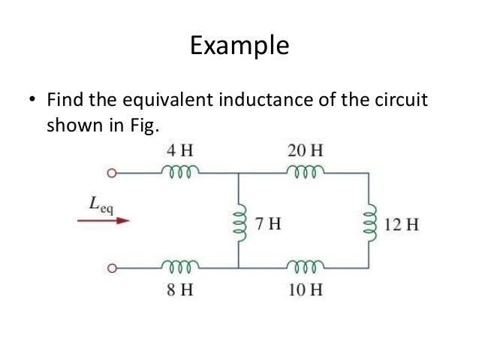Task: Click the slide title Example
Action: (239, 46)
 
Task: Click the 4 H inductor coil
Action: (179, 171)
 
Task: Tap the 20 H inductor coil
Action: (306, 171)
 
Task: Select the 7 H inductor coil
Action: (239, 222)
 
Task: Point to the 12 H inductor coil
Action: (368, 222)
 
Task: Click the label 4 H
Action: (179, 149)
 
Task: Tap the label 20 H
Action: (306, 149)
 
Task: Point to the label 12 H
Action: (400, 223)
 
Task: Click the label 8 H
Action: (179, 288)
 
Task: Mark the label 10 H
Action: (306, 288)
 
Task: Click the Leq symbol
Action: (100, 202)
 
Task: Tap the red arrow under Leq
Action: (103, 221)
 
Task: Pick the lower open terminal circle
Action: (112, 268)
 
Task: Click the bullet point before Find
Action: (32, 100)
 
